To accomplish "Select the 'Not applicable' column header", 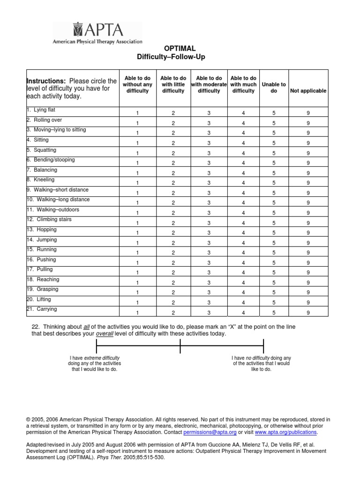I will tap(308, 91).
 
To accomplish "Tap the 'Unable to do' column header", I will tap(274, 88).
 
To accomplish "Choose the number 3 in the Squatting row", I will tap(209, 153).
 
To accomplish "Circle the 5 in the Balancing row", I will tap(274, 173).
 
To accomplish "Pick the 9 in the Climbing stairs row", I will tap(308, 223).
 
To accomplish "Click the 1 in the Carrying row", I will tap(137, 312).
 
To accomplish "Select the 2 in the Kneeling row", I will tap(173, 183).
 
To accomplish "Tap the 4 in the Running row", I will tap(243, 253).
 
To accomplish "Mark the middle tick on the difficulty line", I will tap(180, 346).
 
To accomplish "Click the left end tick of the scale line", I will tap(97, 346).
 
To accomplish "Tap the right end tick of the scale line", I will tap(263, 346).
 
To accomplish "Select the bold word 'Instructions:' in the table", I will tap(46, 81).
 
